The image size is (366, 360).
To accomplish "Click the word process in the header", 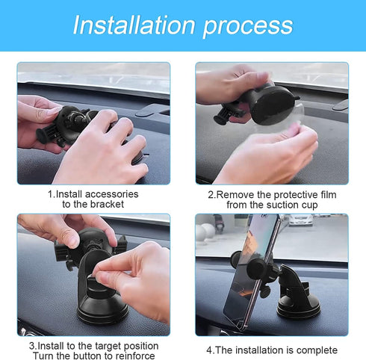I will point(247,26).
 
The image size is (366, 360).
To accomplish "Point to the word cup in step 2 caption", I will point(308,205).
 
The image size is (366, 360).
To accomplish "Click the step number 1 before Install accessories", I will point(50,193).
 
